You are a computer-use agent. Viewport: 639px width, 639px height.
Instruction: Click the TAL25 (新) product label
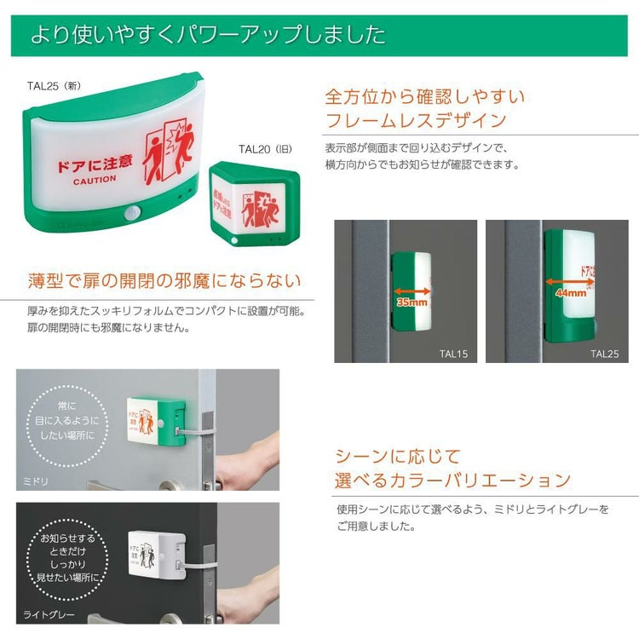point(55,87)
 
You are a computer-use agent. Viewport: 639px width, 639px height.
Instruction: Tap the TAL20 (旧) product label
point(265,149)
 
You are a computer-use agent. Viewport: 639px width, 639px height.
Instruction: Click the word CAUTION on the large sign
point(94,181)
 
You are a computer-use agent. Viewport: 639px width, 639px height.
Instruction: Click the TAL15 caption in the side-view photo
point(454,353)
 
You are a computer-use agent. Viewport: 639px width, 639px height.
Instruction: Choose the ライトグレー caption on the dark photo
point(49,613)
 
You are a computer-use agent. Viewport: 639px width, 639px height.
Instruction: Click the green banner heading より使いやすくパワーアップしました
point(209,36)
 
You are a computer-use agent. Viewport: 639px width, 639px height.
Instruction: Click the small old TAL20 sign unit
point(254,204)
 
